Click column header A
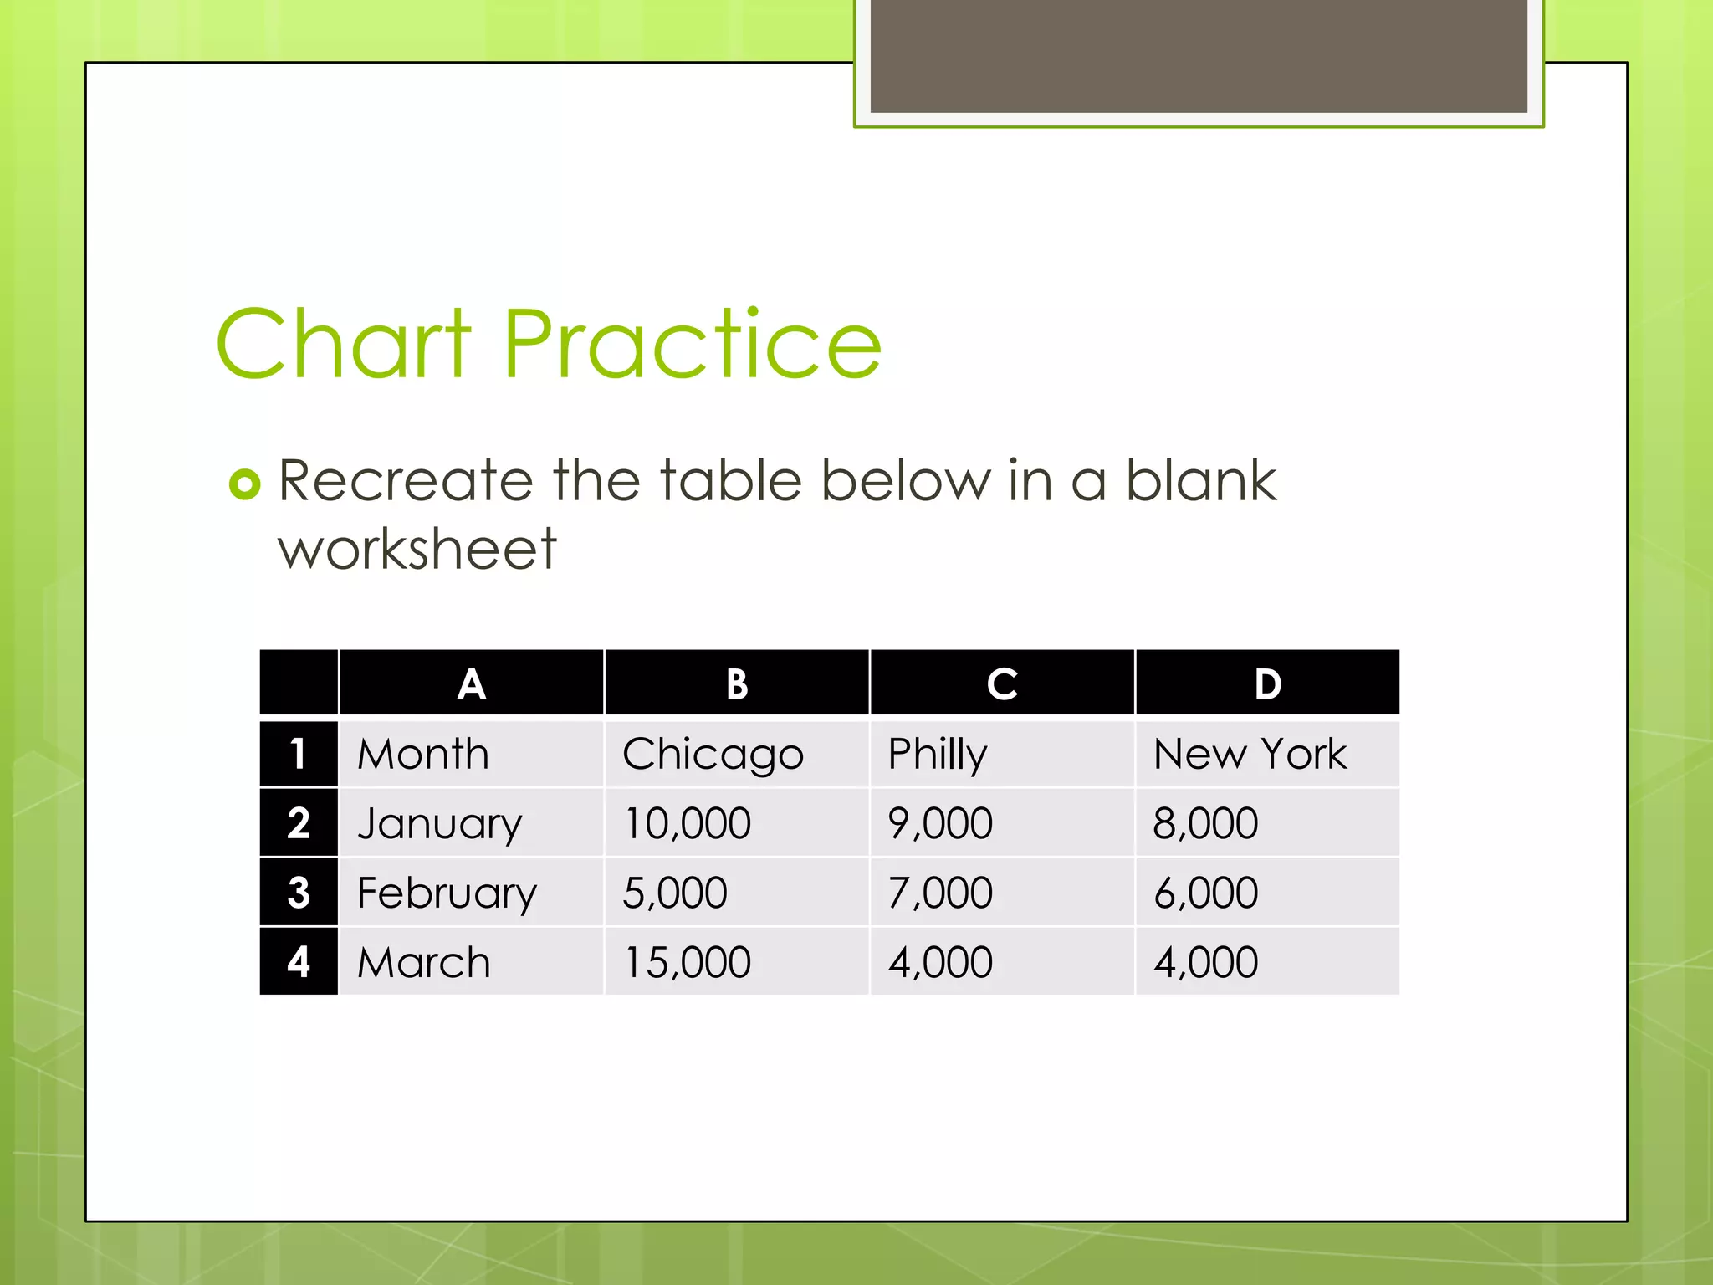[471, 683]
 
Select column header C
[1001, 683]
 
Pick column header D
[1267, 683]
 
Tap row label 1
[299, 754]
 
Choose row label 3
[299, 892]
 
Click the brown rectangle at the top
[1199, 55]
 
